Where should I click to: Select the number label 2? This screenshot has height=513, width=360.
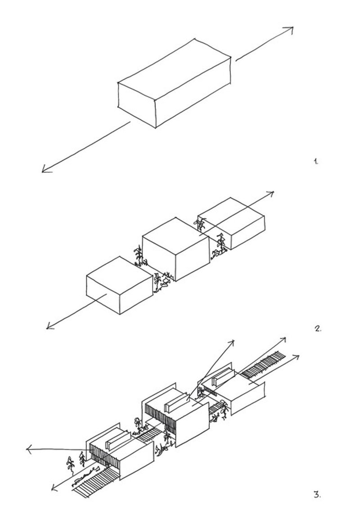coord(318,328)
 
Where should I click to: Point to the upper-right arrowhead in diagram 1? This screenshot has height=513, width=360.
coord(290,30)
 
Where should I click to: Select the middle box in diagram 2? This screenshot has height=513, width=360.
coord(175,250)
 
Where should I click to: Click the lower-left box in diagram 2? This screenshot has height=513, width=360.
coord(119,285)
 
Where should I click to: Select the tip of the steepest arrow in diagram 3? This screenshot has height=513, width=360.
coord(233,342)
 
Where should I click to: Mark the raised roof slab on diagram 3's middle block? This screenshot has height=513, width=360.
coord(176,405)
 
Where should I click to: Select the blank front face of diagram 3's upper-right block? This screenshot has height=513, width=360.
coord(245,396)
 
